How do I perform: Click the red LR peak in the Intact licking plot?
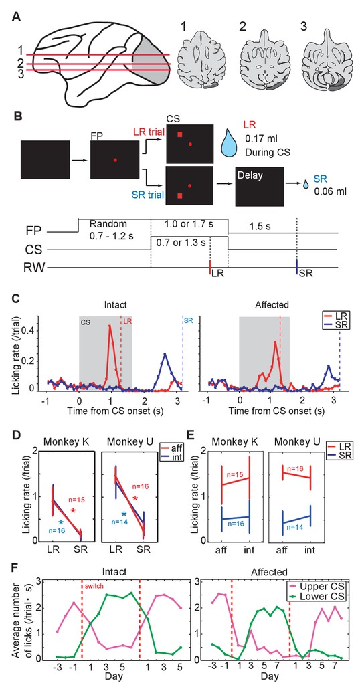pyautogui.click(x=110, y=326)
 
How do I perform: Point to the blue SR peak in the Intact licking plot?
pyautogui.click(x=165, y=354)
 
